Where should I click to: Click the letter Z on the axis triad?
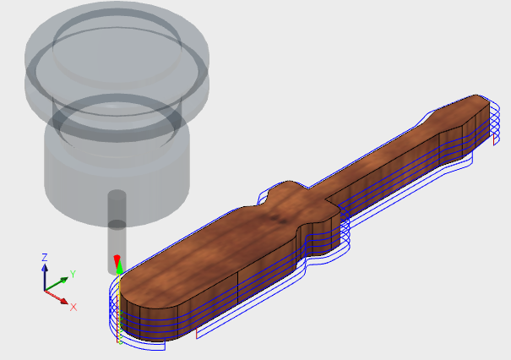pyautogui.click(x=45, y=256)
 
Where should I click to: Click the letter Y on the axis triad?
pyautogui.click(x=73, y=274)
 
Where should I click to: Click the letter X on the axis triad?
pyautogui.click(x=73, y=306)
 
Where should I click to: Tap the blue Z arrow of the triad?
pyautogui.click(x=45, y=271)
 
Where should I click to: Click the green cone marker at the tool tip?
pyautogui.click(x=120, y=270)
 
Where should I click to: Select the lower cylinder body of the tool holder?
pyautogui.click(x=114, y=161)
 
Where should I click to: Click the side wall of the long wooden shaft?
pyautogui.click(x=389, y=182)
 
